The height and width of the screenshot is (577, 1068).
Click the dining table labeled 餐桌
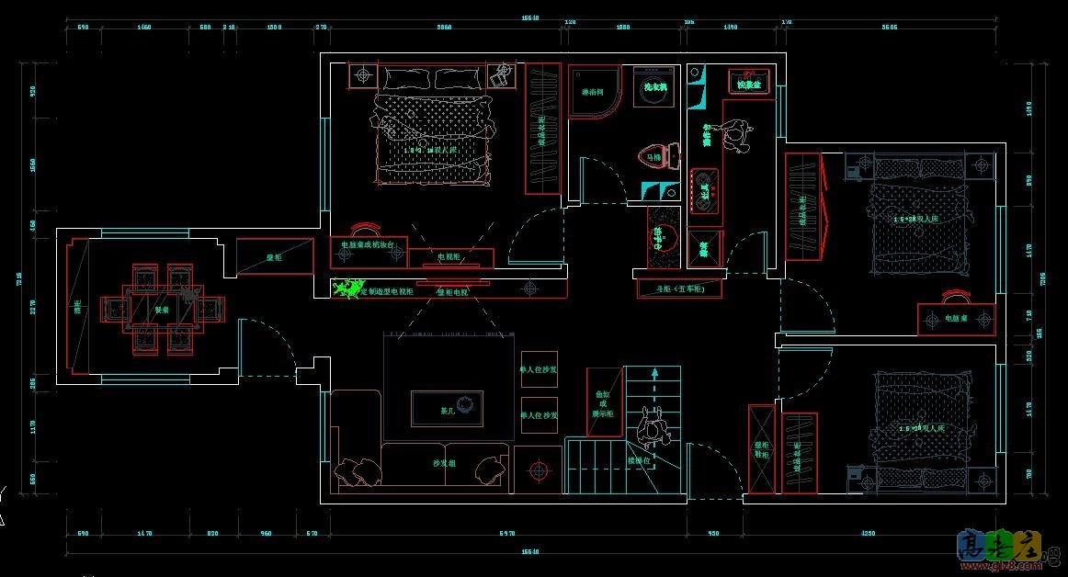[x=162, y=309]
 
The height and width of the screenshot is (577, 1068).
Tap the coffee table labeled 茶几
[x=448, y=409]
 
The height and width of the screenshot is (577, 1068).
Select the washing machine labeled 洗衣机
[x=654, y=87]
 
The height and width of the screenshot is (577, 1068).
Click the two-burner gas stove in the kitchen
[x=704, y=191]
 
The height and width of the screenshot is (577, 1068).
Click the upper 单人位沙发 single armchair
[x=540, y=369]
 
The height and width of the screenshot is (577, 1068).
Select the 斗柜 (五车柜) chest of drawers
[x=679, y=288]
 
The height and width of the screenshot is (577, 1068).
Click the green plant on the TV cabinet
[x=347, y=289]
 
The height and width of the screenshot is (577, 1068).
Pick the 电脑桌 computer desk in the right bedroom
[x=956, y=318]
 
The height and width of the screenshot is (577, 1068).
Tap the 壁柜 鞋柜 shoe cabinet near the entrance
[x=762, y=447]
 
